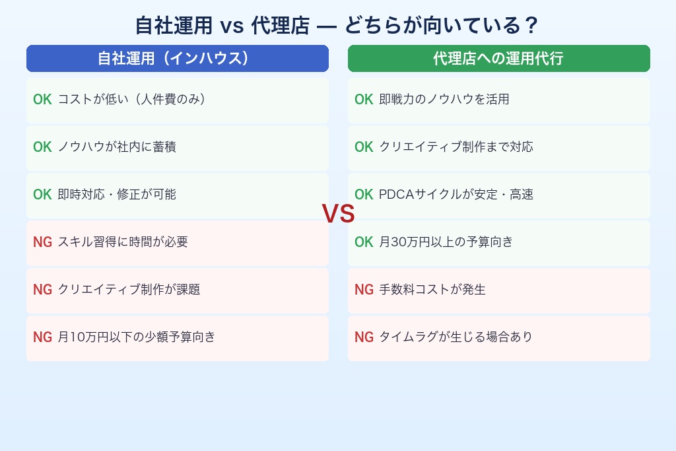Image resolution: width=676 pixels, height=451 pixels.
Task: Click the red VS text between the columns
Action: [338, 214]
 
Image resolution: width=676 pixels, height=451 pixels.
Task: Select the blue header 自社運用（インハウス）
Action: [177, 58]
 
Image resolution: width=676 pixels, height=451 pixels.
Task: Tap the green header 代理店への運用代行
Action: [498, 58]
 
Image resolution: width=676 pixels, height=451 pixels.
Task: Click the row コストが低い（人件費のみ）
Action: [177, 100]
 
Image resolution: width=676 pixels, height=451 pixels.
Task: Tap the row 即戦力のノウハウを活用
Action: [498, 100]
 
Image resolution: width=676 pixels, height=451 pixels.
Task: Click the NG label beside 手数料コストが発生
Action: [364, 290]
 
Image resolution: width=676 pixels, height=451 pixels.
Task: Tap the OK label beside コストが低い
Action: [42, 100]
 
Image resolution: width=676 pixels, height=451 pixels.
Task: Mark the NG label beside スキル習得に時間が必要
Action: [42, 242]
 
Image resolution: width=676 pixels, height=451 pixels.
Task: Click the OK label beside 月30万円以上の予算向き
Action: [364, 242]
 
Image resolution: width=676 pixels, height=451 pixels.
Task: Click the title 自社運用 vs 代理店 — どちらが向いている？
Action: [337, 26]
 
